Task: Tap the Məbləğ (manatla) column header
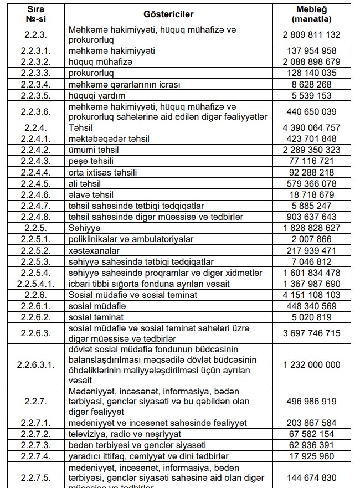(x=311, y=13)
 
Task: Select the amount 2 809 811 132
(x=311, y=34)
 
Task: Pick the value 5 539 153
(x=311, y=95)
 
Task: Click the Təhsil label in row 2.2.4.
(x=80, y=127)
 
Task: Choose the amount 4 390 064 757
(x=311, y=127)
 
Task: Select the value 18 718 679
(x=311, y=194)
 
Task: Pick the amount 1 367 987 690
(x=311, y=284)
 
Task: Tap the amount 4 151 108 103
(x=311, y=295)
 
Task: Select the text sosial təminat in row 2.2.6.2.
(x=96, y=317)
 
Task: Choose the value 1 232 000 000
(x=311, y=365)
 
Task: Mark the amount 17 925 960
(x=311, y=456)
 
